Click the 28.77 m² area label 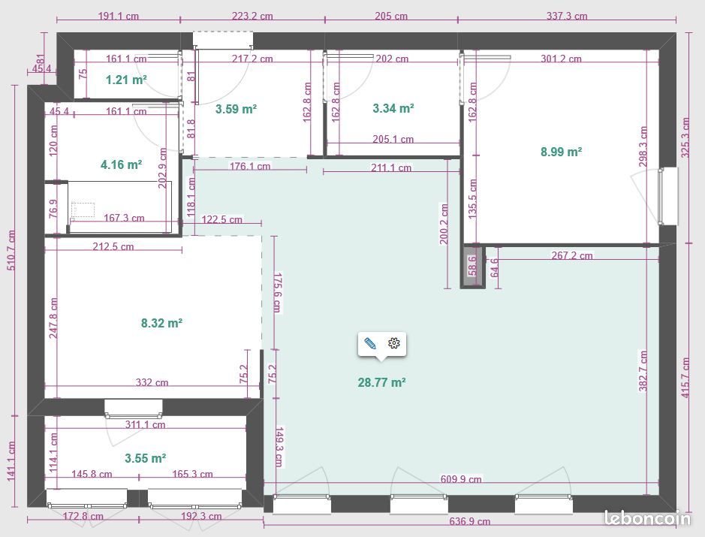coord(381,382)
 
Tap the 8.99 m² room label coord(561,152)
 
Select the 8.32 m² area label coord(161,324)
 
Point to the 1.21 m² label coord(125,79)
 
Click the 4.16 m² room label coord(121,164)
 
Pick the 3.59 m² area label coord(236,109)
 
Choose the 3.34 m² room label coord(393,109)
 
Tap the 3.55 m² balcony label coord(145,457)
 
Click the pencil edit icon coord(370,343)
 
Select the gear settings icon coord(394,343)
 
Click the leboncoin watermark coord(647,517)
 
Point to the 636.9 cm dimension coord(470,521)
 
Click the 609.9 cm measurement coord(461,479)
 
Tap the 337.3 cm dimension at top coord(567,16)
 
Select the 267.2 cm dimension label coord(572,255)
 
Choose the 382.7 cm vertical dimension coord(643,370)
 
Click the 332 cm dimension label coord(152,382)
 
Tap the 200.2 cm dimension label coord(444,224)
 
